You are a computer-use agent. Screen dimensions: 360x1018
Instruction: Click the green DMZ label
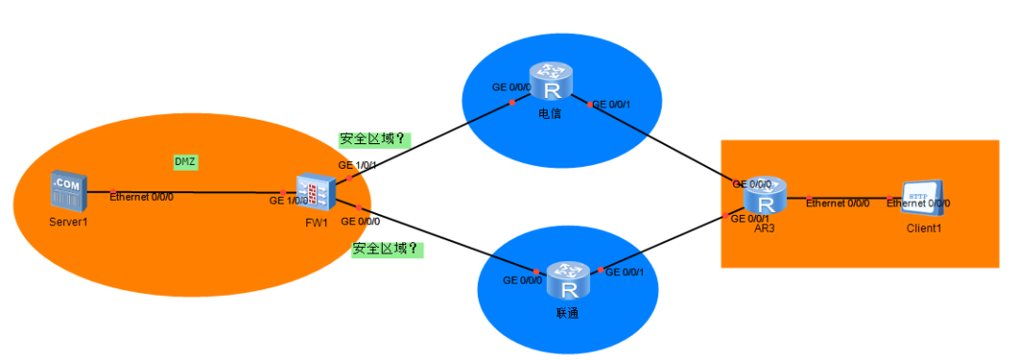(185, 161)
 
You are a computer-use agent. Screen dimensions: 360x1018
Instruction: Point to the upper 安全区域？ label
(372, 139)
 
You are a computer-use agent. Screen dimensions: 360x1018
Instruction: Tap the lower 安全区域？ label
(386, 250)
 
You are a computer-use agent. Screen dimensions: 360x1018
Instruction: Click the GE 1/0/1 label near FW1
(358, 165)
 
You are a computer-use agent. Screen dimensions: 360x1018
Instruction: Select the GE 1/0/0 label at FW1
(288, 201)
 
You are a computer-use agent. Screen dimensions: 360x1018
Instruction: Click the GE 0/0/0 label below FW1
(361, 221)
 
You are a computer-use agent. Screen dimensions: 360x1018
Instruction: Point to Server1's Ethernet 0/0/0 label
(141, 197)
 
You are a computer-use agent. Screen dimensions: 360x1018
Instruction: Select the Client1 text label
(925, 229)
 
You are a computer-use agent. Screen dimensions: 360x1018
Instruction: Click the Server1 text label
(68, 222)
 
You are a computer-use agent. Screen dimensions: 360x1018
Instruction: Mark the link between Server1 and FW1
(189, 192)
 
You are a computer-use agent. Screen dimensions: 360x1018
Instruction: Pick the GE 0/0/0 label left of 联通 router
(522, 281)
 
